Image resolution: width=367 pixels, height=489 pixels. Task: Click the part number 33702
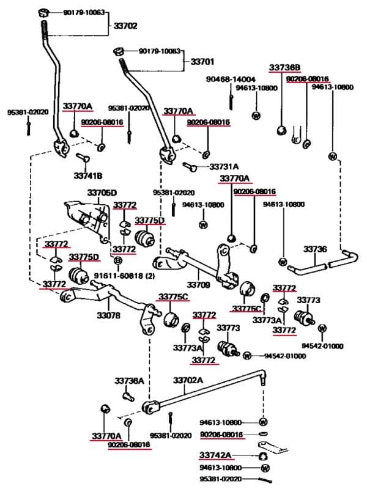(125, 26)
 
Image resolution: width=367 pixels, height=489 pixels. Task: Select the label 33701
(202, 62)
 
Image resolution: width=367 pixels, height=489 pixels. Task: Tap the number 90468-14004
(231, 79)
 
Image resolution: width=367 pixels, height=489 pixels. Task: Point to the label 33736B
(284, 68)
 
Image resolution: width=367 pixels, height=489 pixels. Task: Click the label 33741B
(88, 175)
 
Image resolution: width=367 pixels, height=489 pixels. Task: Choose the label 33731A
(224, 166)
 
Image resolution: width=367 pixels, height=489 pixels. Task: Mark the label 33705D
(102, 193)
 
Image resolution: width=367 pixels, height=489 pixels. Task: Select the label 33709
(198, 285)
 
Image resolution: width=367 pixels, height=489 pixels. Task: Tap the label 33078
(108, 316)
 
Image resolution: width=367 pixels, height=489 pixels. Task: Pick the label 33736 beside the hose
(315, 249)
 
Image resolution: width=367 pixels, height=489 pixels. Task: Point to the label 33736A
(129, 381)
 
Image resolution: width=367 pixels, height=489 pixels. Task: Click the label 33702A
(188, 380)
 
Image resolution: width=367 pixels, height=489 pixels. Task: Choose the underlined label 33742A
(215, 455)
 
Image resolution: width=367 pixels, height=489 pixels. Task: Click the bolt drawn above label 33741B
(84, 159)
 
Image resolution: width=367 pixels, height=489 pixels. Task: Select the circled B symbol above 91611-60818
(119, 261)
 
